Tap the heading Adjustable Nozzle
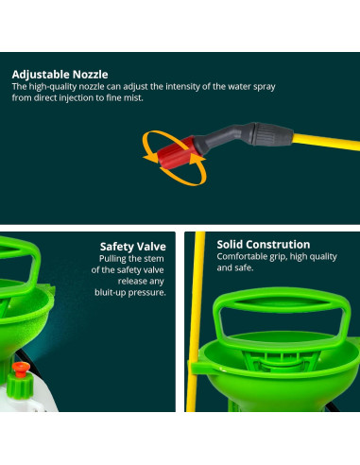(x=60, y=75)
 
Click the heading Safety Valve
(x=133, y=247)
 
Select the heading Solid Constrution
(x=264, y=245)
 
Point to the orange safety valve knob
(x=21, y=369)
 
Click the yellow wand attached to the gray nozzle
(x=326, y=142)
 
